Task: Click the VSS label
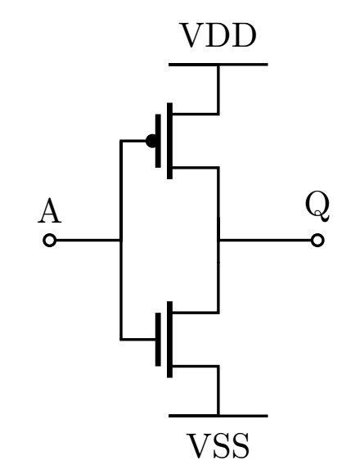click(x=218, y=445)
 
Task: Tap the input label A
click(x=50, y=211)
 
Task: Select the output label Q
click(x=317, y=207)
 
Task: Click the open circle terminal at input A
click(x=50, y=240)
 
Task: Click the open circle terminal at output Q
click(x=317, y=240)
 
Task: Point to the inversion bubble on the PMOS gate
click(x=151, y=141)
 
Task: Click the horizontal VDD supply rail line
click(x=218, y=65)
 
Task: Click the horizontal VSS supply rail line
click(x=218, y=416)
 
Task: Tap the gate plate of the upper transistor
click(x=158, y=141)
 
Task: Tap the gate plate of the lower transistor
click(x=158, y=339)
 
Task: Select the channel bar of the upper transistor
click(x=169, y=141)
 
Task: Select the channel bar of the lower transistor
click(x=169, y=339)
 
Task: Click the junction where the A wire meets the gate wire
click(x=121, y=240)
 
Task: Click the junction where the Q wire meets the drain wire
click(x=218, y=240)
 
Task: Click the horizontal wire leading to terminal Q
click(x=265, y=240)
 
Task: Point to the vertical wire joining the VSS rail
click(x=218, y=390)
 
